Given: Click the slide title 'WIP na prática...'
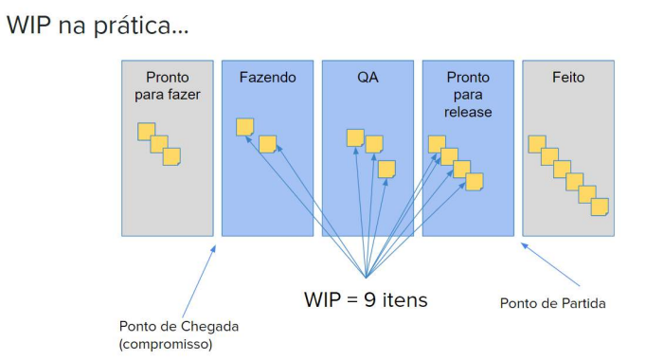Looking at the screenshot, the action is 98,26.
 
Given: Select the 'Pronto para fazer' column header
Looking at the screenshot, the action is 168,85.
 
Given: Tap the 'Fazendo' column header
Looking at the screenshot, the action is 267,78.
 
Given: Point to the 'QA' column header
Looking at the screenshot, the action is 368,78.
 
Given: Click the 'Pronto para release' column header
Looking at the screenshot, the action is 468,95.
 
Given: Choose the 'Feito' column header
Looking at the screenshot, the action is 568,78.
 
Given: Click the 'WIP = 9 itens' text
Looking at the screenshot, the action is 366,299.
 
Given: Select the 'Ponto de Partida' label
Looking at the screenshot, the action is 552,303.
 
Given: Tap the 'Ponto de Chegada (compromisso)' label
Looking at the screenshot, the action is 179,334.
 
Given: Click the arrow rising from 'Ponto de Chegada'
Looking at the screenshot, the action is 199,281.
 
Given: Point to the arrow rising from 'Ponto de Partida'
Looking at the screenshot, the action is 550,264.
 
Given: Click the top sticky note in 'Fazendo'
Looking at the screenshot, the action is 244,127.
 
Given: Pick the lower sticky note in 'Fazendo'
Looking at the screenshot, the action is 267,144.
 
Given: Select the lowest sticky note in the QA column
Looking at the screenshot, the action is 386,170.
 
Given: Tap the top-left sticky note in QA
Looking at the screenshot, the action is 355,137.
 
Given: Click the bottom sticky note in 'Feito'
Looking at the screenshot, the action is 600,207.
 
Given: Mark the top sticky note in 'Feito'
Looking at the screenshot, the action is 537,144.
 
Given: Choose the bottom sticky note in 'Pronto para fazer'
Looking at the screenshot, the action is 171,157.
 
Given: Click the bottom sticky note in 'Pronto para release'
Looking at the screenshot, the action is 475,182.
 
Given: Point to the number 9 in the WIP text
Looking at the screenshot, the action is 369,299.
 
